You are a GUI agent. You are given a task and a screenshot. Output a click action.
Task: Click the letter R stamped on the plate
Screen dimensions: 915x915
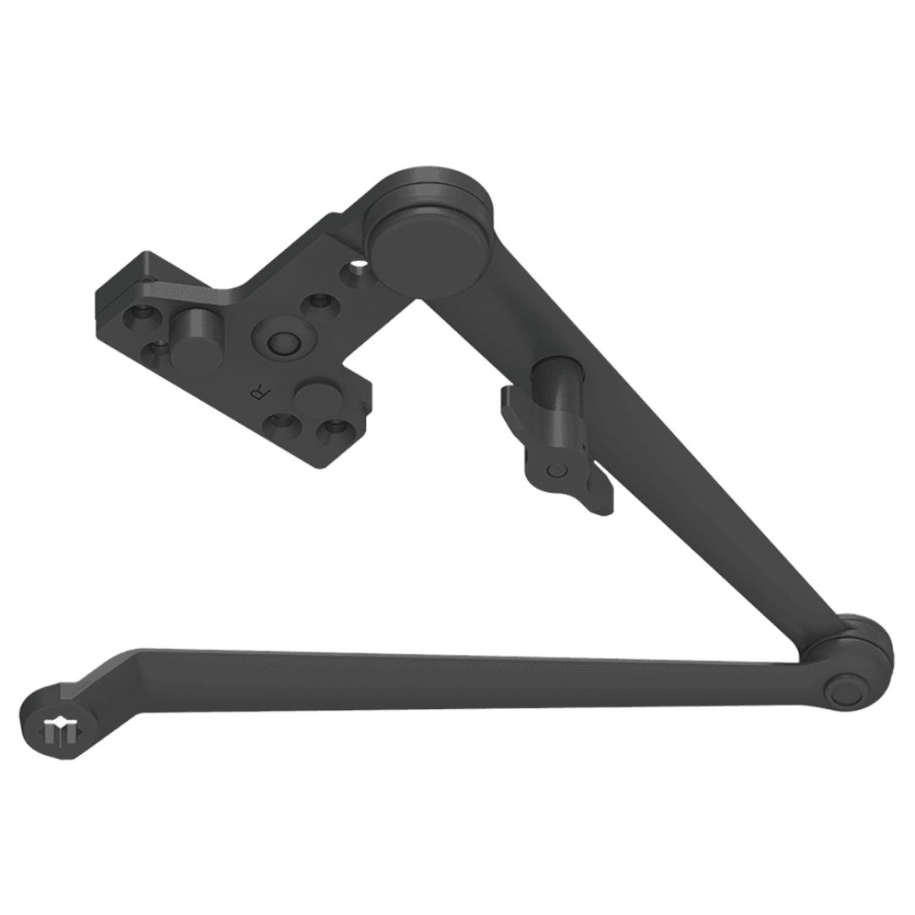click(x=257, y=391)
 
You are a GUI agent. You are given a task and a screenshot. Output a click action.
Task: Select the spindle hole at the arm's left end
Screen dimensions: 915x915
click(x=58, y=728)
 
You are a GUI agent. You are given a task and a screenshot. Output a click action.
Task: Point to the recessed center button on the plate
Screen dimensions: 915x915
click(x=279, y=341)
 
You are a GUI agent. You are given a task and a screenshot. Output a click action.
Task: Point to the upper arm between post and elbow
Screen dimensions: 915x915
click(x=712, y=525)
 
